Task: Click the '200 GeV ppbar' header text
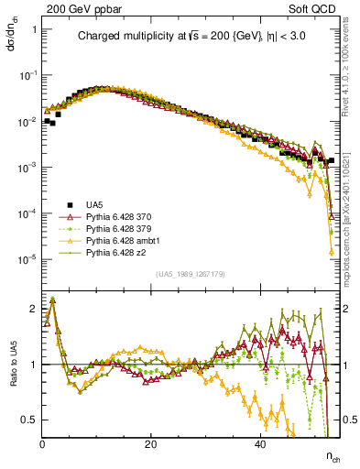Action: click(79, 7)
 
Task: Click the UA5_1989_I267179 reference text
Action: click(191, 273)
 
